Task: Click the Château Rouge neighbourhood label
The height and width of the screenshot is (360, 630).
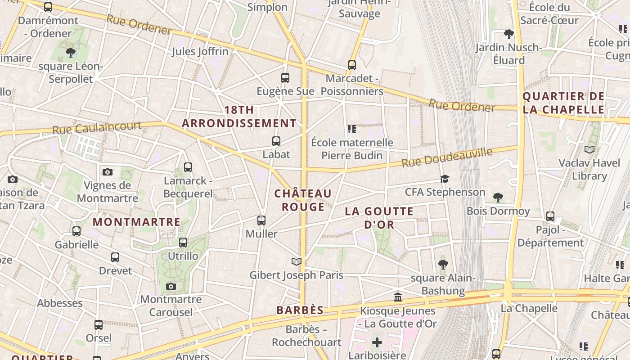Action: [303, 200]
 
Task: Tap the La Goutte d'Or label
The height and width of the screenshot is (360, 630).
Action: [379, 218]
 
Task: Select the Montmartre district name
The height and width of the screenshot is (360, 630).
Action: [136, 222]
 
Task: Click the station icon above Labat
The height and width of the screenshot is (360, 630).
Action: [276, 141]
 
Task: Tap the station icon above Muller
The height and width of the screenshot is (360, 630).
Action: [261, 220]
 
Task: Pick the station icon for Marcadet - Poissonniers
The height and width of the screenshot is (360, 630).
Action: [352, 65]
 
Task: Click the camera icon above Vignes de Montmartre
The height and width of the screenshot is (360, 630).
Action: [107, 172]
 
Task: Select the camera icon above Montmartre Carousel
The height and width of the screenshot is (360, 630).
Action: [171, 286]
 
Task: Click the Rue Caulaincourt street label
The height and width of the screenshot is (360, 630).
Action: [97, 128]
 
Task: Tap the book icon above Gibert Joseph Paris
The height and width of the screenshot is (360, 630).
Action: [296, 261]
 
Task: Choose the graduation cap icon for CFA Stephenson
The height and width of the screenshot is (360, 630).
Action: [445, 179]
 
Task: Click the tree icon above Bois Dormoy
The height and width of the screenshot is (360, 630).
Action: [498, 197]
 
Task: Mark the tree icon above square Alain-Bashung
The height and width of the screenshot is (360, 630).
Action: [443, 264]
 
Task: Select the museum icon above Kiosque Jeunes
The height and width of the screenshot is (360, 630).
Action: [398, 297]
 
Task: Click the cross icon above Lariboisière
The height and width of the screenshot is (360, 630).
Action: [377, 343]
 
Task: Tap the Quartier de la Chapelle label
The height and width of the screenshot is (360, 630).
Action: [563, 103]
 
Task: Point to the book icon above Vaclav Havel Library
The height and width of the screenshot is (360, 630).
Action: [589, 149]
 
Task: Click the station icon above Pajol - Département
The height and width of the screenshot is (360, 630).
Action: [550, 216]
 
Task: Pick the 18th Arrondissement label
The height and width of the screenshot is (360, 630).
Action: [239, 117]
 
